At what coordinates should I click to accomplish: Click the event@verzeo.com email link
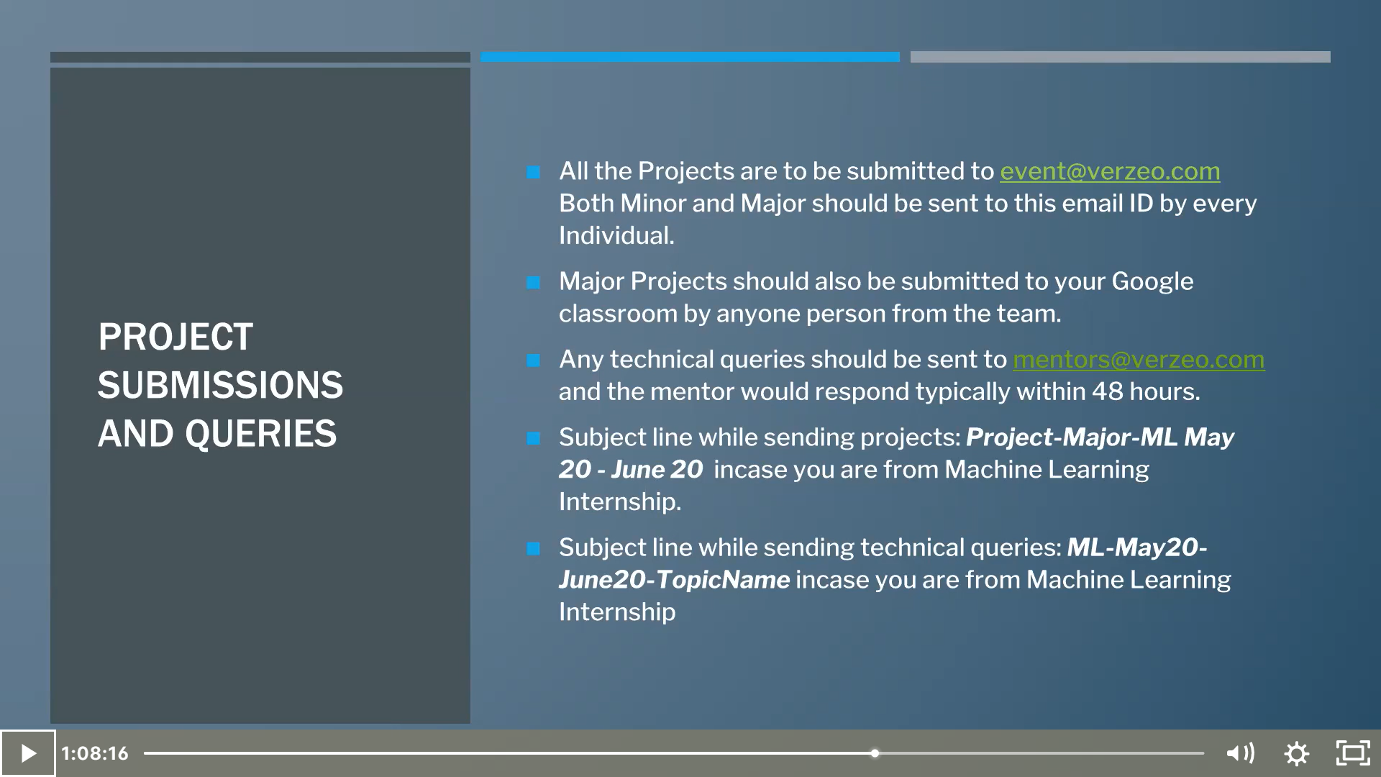click(1110, 171)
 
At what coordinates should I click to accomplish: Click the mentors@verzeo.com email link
click(1139, 360)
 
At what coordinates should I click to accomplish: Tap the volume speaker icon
click(1240, 753)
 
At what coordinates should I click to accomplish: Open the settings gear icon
click(1297, 753)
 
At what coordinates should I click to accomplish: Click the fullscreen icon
click(1353, 753)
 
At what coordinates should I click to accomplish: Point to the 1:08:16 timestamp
click(94, 753)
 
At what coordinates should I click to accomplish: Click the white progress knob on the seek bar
click(875, 753)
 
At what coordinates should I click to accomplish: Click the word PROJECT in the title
click(176, 337)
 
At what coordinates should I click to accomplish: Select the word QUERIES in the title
click(260, 434)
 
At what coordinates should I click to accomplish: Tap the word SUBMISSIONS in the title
click(221, 385)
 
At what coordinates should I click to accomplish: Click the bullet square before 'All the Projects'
click(533, 172)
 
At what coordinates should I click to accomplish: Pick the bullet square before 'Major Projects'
click(533, 283)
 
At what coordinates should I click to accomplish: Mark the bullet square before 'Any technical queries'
click(533, 360)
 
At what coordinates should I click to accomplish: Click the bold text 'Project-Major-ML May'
click(1100, 437)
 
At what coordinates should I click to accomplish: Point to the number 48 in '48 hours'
click(1108, 391)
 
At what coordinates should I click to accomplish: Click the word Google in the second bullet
click(1152, 281)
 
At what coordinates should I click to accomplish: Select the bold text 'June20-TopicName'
click(675, 580)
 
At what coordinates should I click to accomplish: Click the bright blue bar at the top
click(690, 57)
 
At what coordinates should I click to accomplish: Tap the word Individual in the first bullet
click(616, 236)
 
